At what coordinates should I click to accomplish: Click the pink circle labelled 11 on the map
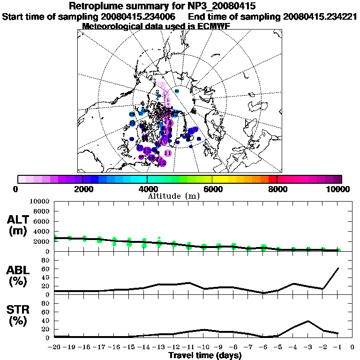click(x=168, y=153)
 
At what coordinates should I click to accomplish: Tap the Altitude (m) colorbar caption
click(x=180, y=195)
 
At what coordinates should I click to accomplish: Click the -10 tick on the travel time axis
click(x=203, y=347)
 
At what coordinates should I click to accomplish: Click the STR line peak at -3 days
click(x=308, y=321)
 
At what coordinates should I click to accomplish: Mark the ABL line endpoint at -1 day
click(x=338, y=268)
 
